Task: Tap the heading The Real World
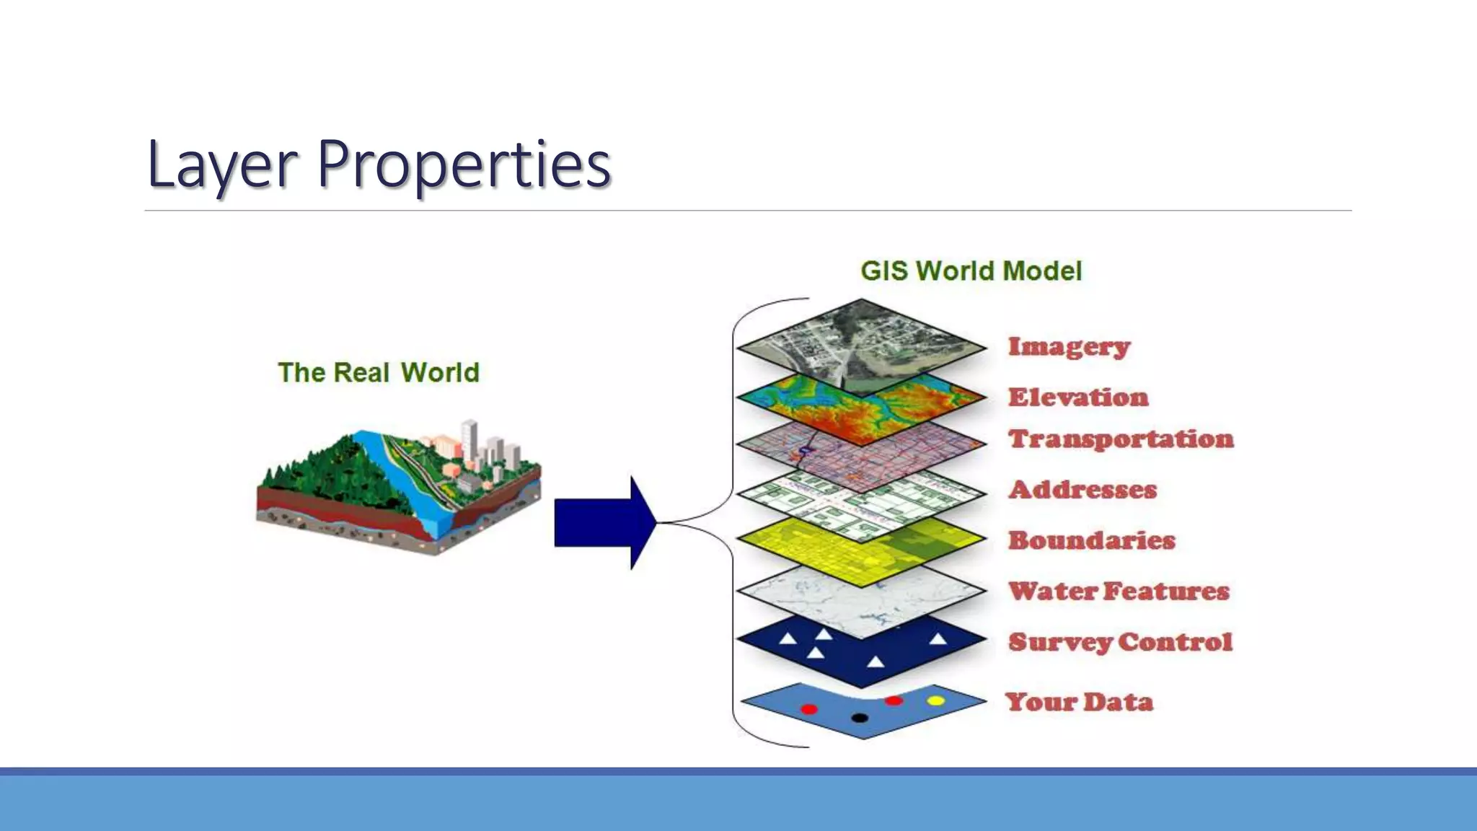click(378, 372)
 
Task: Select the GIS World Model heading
click(971, 271)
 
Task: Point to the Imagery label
click(1068, 347)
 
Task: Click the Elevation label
click(1077, 397)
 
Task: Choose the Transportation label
click(1121, 439)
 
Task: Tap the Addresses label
click(1082, 490)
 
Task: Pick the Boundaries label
click(1091, 540)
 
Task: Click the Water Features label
click(1118, 592)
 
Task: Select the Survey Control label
click(1120, 642)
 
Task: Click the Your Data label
click(1079, 702)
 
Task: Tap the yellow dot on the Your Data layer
click(935, 700)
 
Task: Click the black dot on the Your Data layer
click(859, 718)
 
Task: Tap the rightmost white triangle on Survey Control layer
click(938, 639)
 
